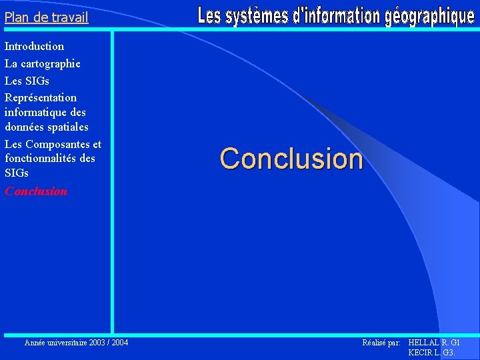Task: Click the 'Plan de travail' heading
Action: [x=46, y=17]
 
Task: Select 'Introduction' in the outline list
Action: [x=34, y=46]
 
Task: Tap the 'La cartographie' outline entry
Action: [x=42, y=63]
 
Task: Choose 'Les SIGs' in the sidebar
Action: [x=27, y=81]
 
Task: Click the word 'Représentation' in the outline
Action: [x=40, y=97]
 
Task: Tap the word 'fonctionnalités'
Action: [x=41, y=159]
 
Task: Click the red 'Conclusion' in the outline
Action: [x=36, y=191]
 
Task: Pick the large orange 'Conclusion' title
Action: [x=291, y=159]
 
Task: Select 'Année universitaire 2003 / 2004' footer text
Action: [x=76, y=343]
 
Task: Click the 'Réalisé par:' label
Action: [x=381, y=343]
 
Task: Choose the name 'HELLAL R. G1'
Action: [x=434, y=343]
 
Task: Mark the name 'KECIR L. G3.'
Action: [x=431, y=352]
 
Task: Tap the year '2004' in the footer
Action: [x=120, y=343]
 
